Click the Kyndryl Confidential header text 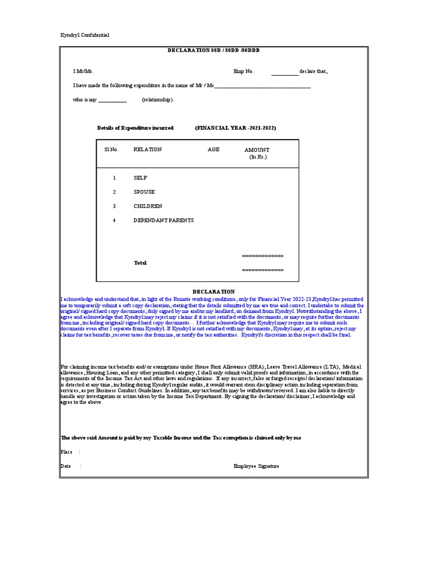click(84, 35)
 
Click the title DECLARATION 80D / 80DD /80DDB click(214, 50)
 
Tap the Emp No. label click(243, 71)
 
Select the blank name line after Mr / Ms click(262, 87)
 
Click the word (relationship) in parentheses click(157, 100)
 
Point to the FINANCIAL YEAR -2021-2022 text click(235, 128)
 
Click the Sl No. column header click(112, 150)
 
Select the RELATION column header click(148, 150)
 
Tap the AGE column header click(214, 150)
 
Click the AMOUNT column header click(257, 150)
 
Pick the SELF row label click(140, 178)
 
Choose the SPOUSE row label click(144, 192)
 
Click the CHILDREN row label click(148, 206)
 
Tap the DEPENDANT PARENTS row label click(163, 220)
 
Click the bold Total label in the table click(140, 263)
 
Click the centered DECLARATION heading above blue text click(214, 291)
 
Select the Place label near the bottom click(66, 452)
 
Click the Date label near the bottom click(66, 466)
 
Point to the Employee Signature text click(256, 466)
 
